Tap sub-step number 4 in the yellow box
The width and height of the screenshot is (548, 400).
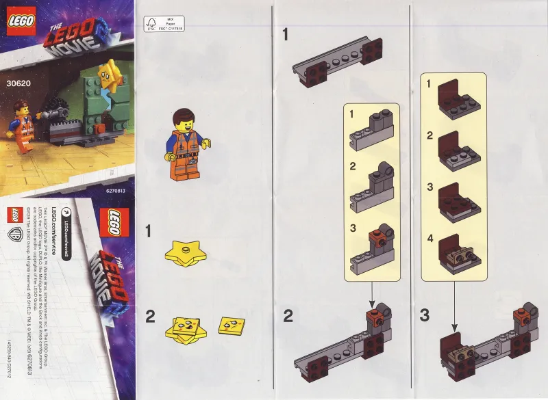[x=429, y=239]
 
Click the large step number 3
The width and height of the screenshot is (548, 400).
[x=425, y=316]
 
